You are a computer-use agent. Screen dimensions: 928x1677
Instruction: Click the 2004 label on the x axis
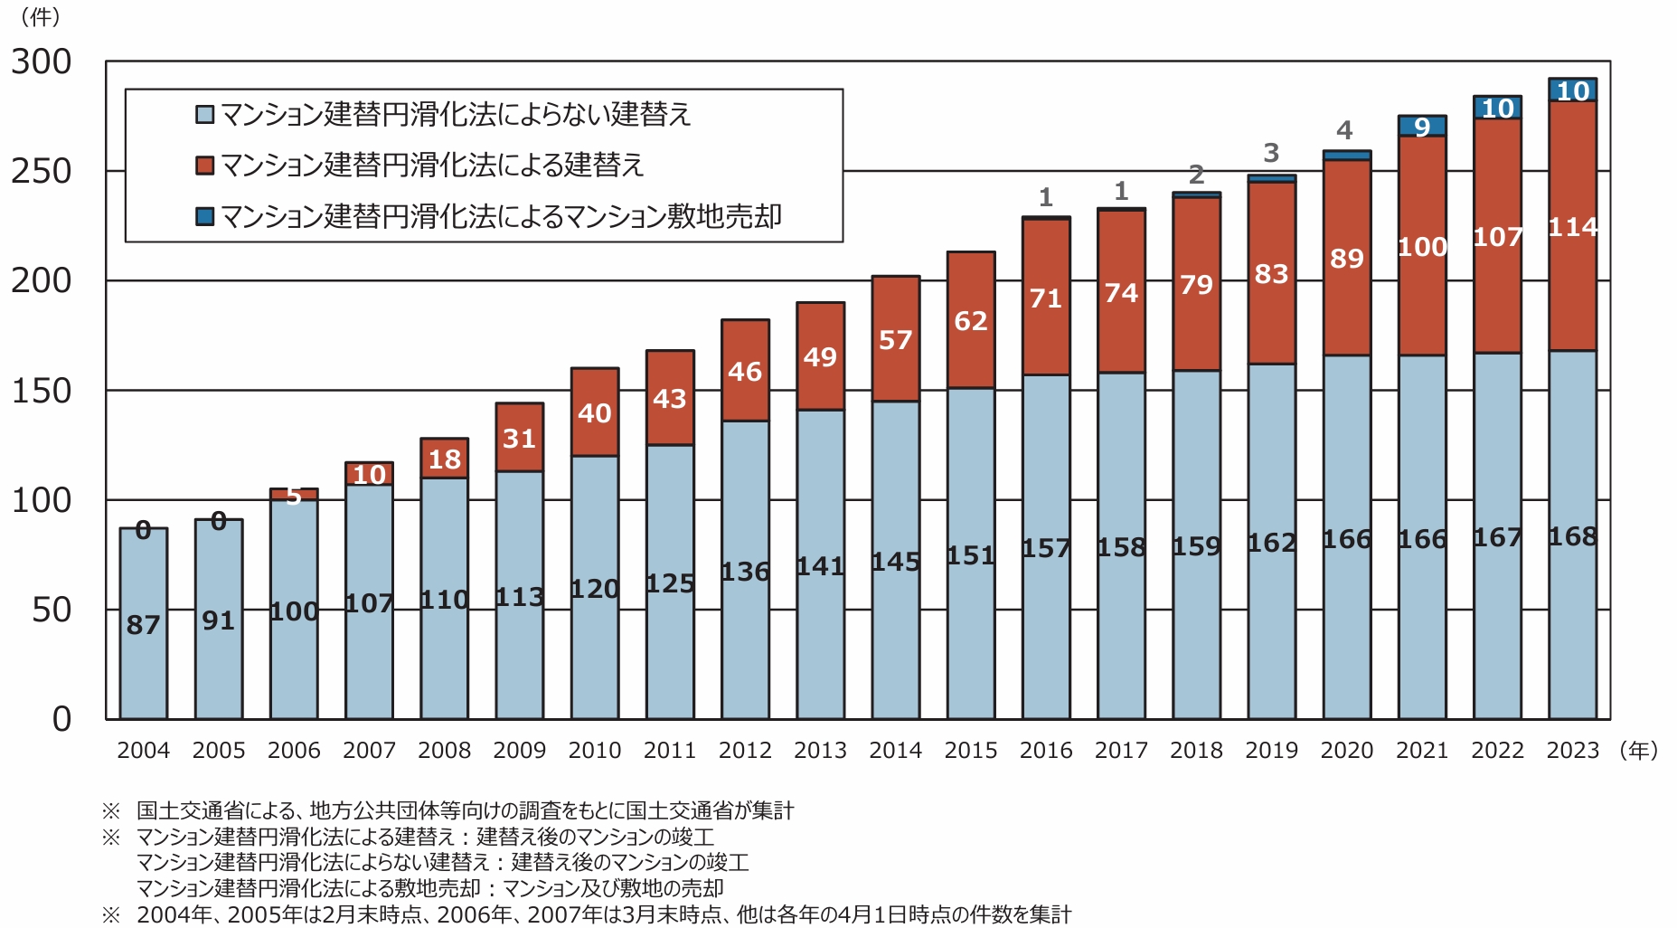click(143, 750)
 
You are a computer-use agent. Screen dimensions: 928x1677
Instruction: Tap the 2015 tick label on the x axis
click(970, 750)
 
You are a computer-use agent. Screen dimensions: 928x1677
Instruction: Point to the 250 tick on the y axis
click(42, 171)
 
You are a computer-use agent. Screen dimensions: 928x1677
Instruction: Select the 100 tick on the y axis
click(42, 500)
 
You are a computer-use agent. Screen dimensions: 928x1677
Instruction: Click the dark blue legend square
click(205, 216)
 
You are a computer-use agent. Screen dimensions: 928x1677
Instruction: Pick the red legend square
click(205, 165)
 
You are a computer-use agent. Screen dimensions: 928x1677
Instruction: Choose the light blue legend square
click(205, 114)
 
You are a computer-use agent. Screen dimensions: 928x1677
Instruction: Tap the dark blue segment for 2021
click(1422, 126)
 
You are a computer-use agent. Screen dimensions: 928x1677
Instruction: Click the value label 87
click(143, 624)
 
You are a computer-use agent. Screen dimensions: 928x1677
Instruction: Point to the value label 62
click(970, 321)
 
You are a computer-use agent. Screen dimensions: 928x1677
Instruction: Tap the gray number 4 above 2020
click(1345, 130)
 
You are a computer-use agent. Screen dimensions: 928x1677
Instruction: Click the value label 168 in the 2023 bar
click(1572, 536)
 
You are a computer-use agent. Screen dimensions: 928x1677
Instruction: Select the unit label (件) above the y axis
click(40, 16)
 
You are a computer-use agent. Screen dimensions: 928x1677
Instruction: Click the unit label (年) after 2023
click(1638, 750)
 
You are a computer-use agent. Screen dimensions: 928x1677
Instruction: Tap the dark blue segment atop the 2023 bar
click(1572, 90)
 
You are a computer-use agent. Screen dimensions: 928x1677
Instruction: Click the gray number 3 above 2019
click(1271, 153)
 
